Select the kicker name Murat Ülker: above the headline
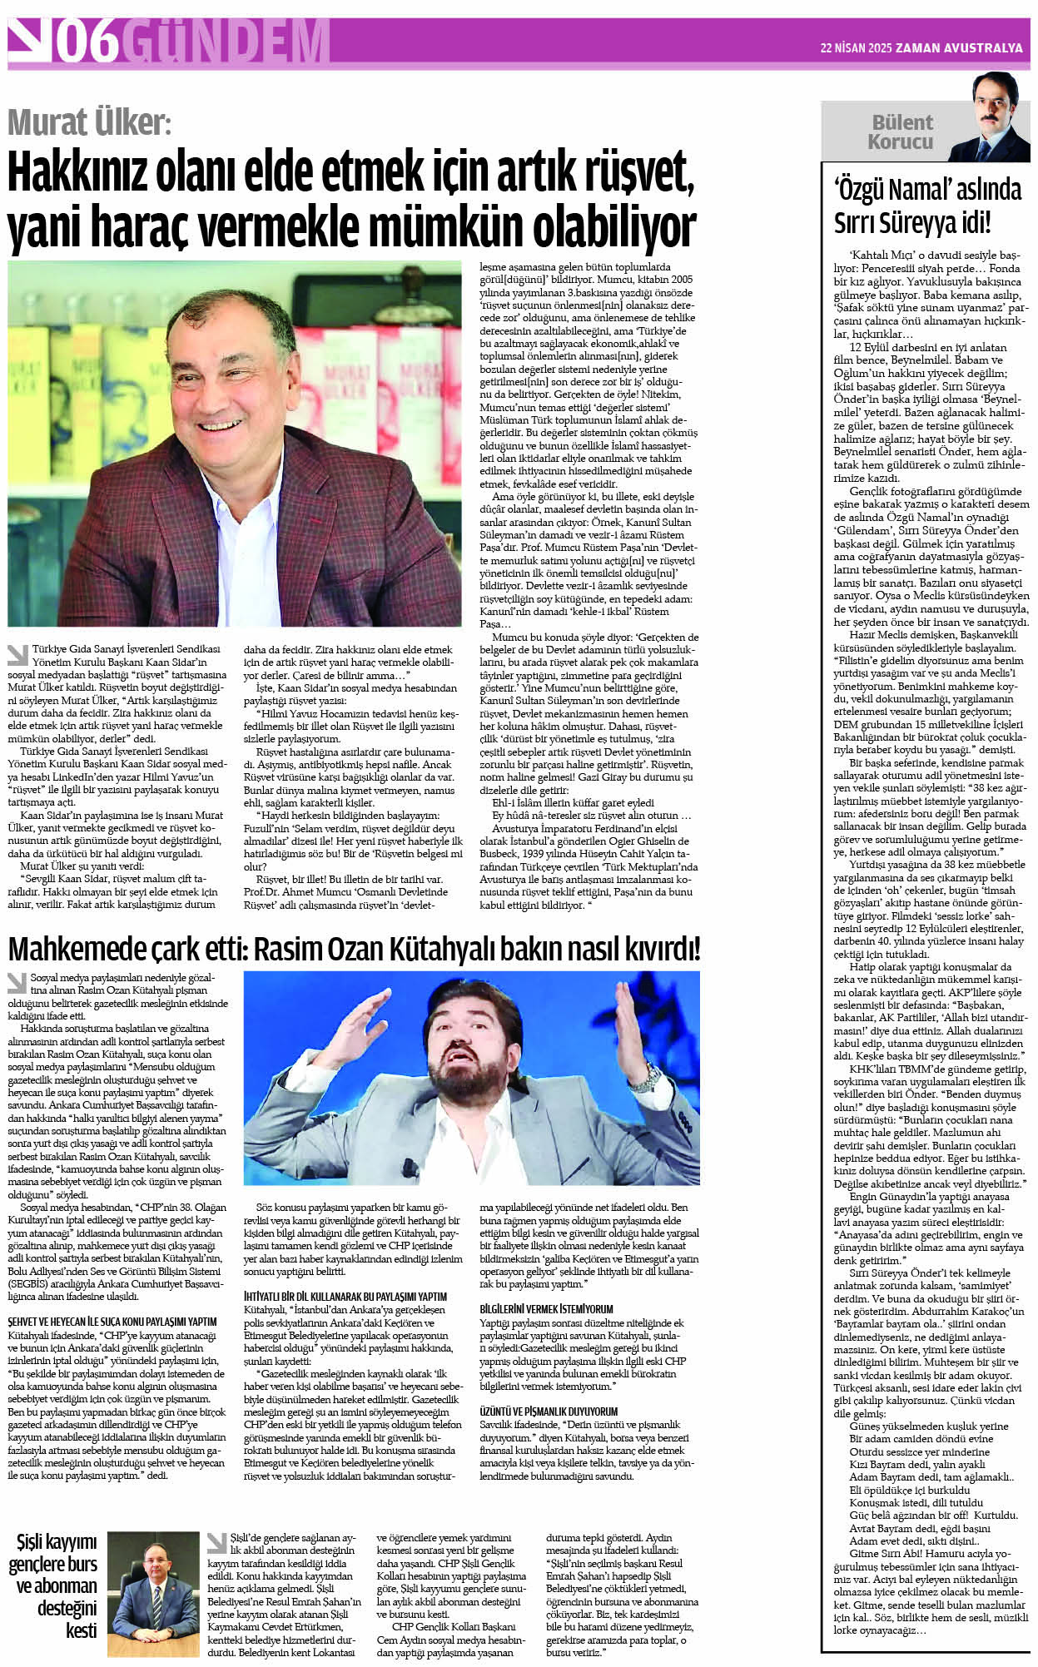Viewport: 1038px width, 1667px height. coord(89,122)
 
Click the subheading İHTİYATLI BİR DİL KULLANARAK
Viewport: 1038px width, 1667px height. coord(345,1296)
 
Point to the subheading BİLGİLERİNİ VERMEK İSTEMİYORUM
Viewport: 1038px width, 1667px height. coord(546,1308)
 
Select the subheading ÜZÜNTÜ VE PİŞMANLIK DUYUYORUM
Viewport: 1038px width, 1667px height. coord(549,1411)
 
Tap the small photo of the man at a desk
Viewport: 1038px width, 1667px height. coord(153,1593)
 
